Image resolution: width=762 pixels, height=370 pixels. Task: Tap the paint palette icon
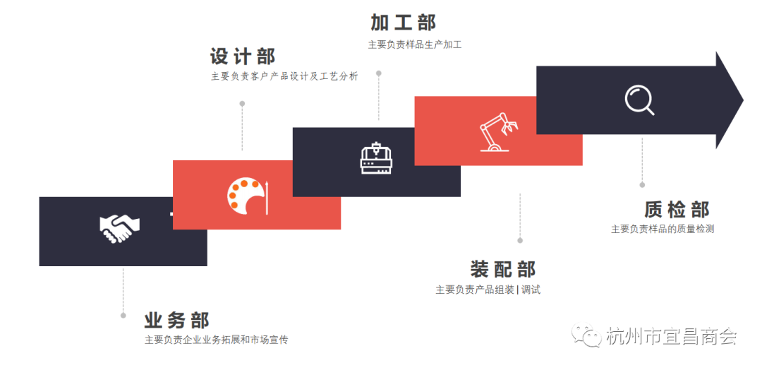243,196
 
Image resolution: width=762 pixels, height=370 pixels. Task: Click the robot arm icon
498,132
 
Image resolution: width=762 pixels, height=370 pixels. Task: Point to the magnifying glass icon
639,100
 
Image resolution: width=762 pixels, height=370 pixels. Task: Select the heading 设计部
243,56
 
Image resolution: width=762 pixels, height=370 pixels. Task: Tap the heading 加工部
404,23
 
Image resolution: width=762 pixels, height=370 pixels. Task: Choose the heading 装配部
503,269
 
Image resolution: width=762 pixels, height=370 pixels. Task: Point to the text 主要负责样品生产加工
414,44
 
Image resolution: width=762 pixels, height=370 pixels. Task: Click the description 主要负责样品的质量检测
663,229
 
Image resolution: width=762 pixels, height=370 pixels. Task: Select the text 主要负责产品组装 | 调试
488,290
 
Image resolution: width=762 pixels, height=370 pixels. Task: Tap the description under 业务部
217,340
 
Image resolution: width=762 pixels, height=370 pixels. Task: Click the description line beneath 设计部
284,76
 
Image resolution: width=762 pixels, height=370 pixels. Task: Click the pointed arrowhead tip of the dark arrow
742,100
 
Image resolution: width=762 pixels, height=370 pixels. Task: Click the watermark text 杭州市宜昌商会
671,337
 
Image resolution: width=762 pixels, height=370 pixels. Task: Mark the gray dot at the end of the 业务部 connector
123,315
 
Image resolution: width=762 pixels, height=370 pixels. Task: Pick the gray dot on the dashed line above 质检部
642,185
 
